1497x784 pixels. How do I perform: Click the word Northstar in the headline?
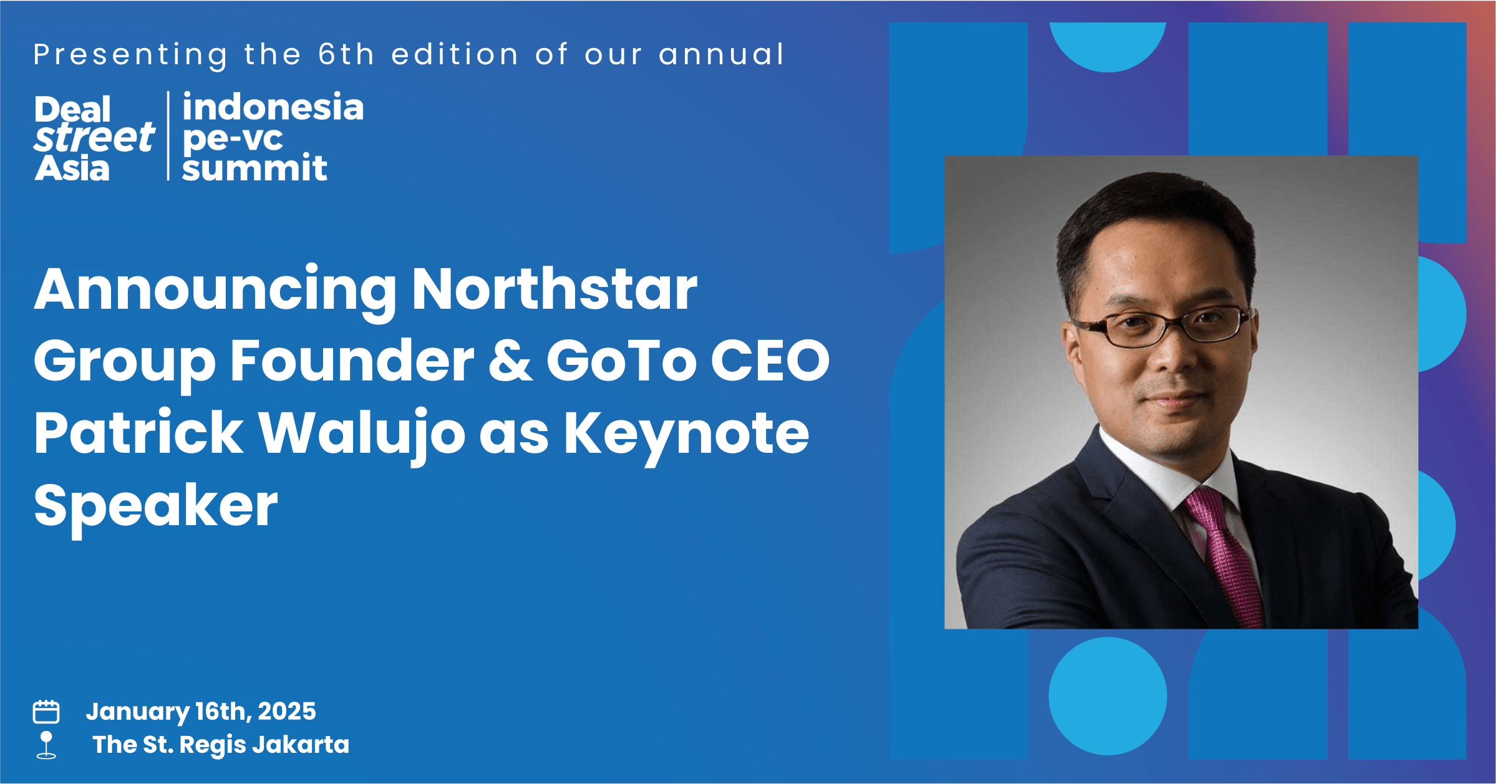555,289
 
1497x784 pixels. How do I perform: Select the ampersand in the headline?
510,361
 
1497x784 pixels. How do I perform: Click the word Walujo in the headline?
362,435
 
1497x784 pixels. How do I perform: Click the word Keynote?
686,435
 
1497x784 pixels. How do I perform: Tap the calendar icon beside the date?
46,711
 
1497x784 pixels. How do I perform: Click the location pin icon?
46,745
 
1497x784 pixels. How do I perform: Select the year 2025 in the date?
287,712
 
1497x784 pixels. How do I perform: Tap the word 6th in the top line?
346,54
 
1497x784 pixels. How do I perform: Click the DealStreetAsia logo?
94,138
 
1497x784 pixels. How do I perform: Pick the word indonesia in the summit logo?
273,107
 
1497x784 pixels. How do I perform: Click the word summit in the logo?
254,167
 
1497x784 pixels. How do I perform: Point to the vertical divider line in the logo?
168,136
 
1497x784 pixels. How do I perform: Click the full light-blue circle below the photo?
1108,696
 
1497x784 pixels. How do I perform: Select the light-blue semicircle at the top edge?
1108,45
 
